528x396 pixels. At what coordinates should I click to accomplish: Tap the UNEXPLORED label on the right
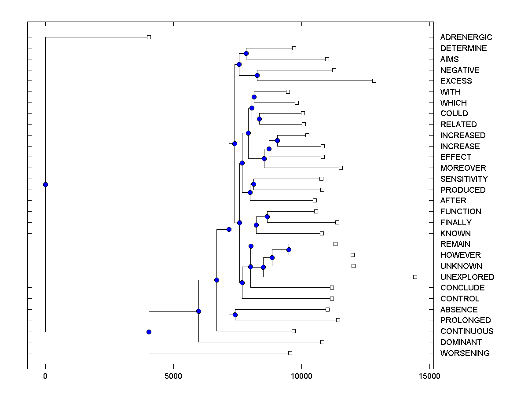pos(467,277)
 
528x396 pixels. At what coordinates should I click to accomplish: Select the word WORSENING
pos(465,353)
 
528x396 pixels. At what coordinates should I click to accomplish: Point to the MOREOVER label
pos(463,168)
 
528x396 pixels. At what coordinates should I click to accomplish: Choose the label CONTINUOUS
pos(467,331)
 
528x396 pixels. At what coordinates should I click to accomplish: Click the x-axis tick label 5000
pos(173,376)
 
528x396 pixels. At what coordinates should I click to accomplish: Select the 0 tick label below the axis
pos(45,376)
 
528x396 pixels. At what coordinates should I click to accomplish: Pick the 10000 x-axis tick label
pos(301,376)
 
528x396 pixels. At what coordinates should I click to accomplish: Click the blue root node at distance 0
pos(45,184)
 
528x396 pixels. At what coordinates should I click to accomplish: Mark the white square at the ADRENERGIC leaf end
pos(149,37)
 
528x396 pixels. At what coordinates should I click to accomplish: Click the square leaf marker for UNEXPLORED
pos(415,277)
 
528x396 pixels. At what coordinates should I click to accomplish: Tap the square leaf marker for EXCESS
pos(374,81)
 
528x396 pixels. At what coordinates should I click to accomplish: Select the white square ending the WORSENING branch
pos(290,353)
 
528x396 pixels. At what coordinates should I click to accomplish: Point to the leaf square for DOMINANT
pos(322,342)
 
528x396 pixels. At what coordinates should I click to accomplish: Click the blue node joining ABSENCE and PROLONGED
pos(235,315)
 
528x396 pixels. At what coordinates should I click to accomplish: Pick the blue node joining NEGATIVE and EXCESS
pos(257,75)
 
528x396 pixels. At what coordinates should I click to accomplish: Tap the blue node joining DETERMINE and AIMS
pos(246,54)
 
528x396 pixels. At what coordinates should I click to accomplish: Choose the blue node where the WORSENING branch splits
pos(149,332)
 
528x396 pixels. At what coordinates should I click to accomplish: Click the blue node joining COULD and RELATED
pos(259,119)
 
